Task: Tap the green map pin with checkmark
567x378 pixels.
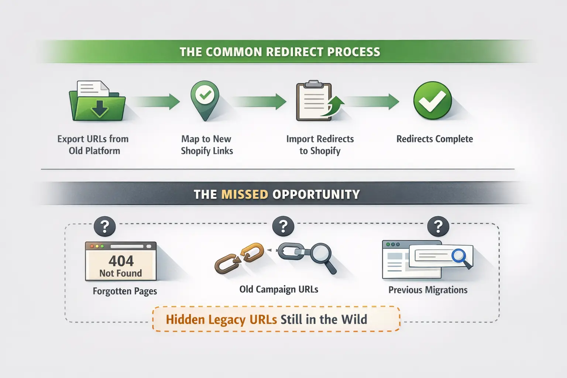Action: (x=205, y=98)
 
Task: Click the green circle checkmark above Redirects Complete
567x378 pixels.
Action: (x=432, y=100)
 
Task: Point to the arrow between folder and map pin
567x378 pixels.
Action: (x=155, y=101)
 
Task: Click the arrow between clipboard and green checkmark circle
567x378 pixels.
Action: (x=372, y=101)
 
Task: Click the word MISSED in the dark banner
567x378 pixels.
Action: (x=244, y=195)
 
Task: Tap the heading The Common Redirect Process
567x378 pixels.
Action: (x=280, y=52)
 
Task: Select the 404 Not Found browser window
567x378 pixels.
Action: (x=121, y=261)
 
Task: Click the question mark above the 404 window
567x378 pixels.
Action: (x=105, y=226)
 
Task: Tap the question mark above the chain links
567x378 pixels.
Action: (x=283, y=226)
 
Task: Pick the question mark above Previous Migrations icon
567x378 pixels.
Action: (x=438, y=226)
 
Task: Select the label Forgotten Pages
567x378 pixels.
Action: (x=125, y=291)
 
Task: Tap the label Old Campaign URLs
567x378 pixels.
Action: (x=279, y=289)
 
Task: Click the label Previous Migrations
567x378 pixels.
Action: (x=428, y=290)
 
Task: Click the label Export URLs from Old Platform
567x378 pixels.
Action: (x=93, y=145)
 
